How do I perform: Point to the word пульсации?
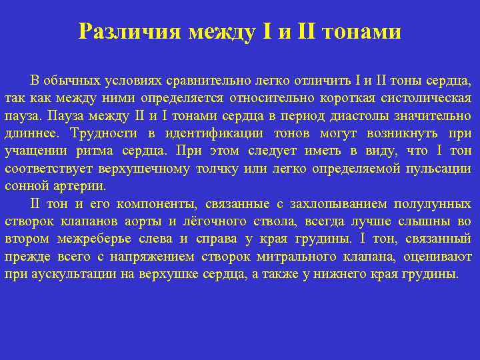click(440, 168)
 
